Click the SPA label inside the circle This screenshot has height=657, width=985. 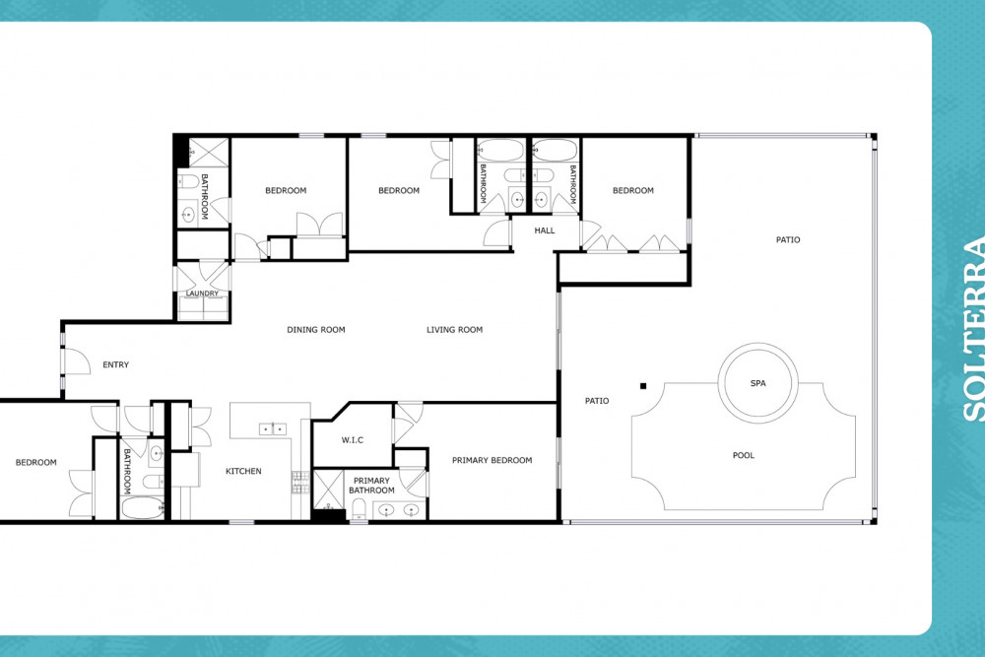pos(758,383)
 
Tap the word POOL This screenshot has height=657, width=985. pos(743,455)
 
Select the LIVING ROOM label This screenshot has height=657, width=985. pos(455,330)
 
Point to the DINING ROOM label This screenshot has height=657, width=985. pos(316,330)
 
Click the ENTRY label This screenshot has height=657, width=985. pos(115,364)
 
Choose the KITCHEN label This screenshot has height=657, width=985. pos(243,471)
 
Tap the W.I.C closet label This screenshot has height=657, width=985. pos(353,440)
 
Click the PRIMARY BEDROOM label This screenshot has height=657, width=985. pos(492,460)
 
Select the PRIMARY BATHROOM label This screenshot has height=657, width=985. pos(372,486)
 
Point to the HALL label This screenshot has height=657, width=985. pos(545,230)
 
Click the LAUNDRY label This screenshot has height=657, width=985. pos(202,294)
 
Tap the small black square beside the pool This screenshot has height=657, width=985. pos(643,386)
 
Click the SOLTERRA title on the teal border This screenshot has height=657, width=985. pos(973,329)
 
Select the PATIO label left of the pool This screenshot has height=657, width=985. pos(597,401)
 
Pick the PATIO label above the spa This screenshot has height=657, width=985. pos(788,239)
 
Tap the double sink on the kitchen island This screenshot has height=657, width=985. pos(273,429)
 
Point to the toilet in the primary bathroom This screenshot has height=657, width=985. pos(359,508)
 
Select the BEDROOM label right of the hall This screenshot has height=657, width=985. pos(633,190)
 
